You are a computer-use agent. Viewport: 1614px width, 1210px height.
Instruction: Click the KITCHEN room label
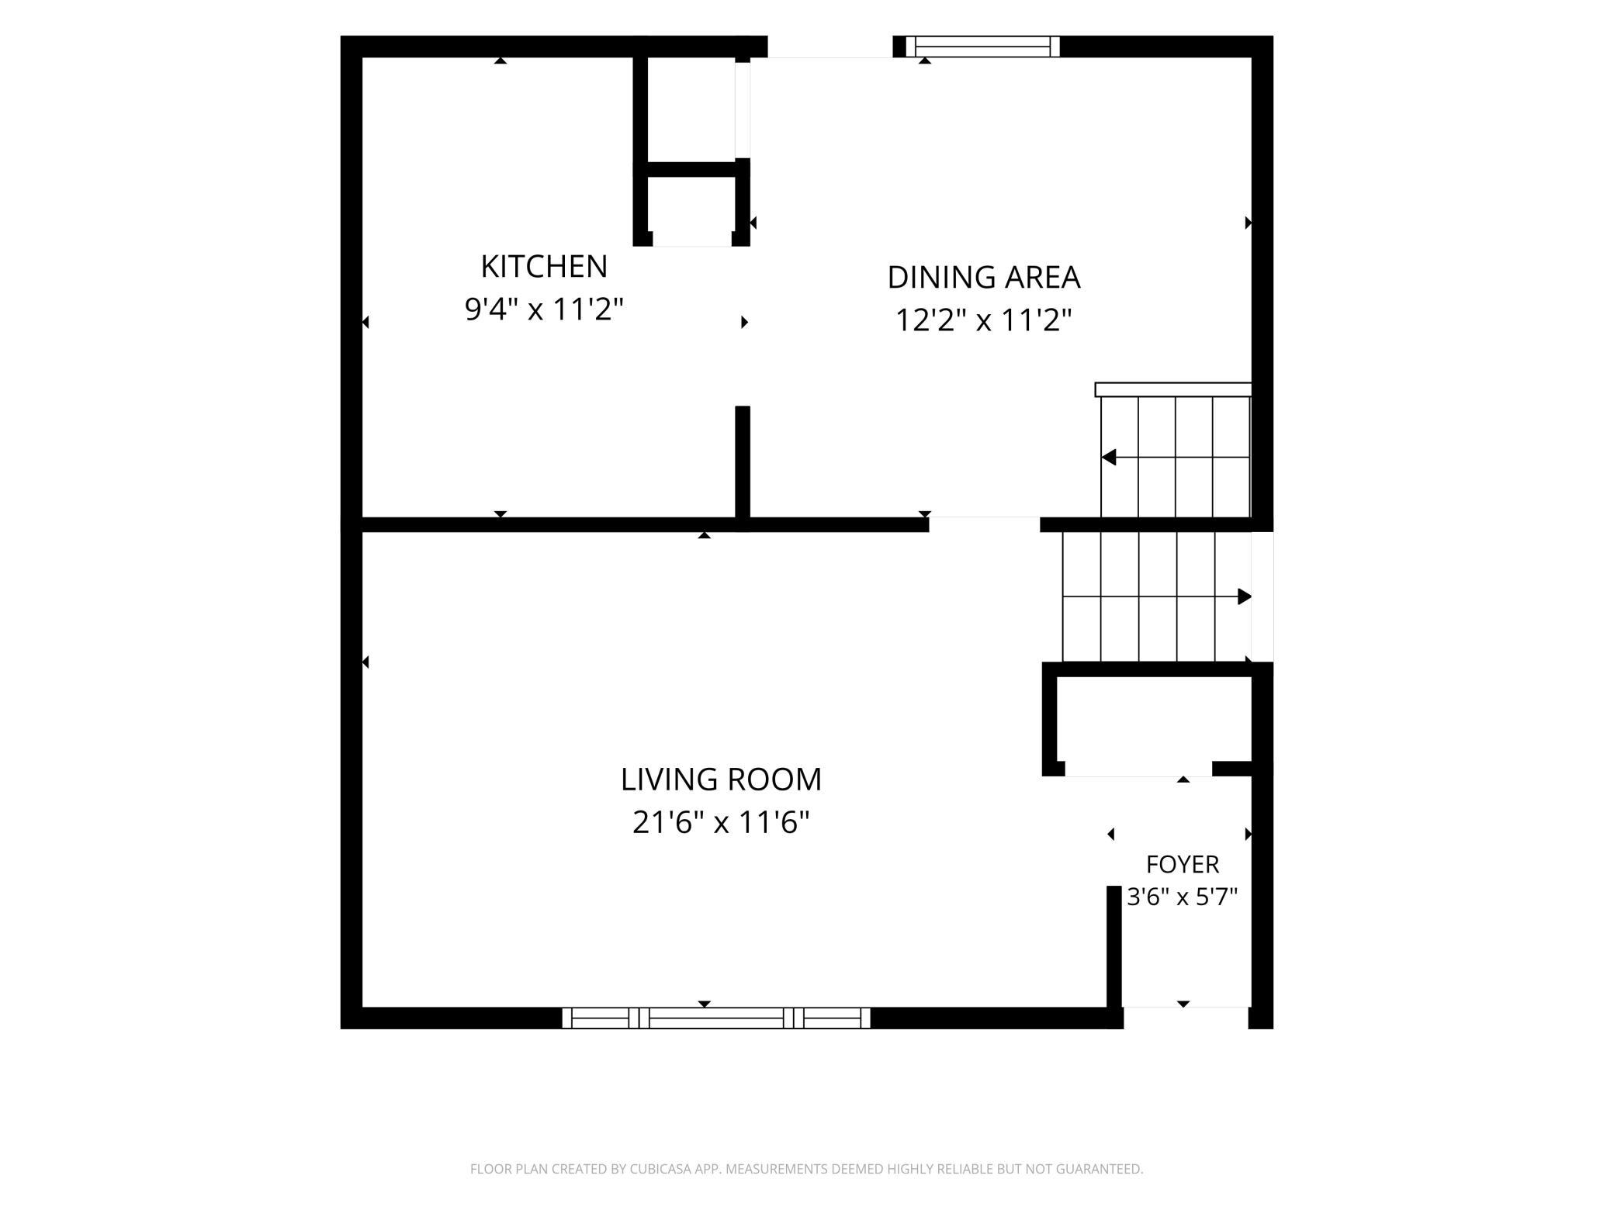click(544, 267)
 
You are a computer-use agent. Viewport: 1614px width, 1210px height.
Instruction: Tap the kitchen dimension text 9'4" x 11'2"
click(544, 309)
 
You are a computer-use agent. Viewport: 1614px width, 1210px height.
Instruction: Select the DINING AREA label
click(983, 277)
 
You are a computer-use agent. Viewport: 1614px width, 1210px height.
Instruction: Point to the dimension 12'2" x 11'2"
click(983, 320)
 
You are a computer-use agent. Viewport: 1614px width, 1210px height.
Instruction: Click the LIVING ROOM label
click(721, 780)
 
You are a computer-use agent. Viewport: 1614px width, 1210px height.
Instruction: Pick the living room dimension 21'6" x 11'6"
click(721, 822)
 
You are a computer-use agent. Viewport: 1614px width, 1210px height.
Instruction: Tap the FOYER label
click(1183, 864)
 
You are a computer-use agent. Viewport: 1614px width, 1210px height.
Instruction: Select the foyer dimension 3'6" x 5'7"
click(1182, 897)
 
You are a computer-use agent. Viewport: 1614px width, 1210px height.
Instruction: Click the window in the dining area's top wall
click(983, 47)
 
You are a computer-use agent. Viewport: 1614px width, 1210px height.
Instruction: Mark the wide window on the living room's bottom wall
click(716, 1018)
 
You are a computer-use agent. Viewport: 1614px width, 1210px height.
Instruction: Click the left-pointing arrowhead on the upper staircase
click(1109, 457)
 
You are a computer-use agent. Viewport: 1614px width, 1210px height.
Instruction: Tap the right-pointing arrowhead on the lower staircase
click(1245, 596)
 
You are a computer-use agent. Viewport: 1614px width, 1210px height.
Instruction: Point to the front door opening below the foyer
click(1186, 1018)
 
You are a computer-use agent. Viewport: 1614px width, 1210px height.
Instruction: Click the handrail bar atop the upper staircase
click(1173, 389)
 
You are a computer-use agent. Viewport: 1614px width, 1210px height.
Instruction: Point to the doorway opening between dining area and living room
click(984, 524)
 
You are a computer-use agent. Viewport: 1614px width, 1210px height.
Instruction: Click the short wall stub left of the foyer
click(1114, 946)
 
